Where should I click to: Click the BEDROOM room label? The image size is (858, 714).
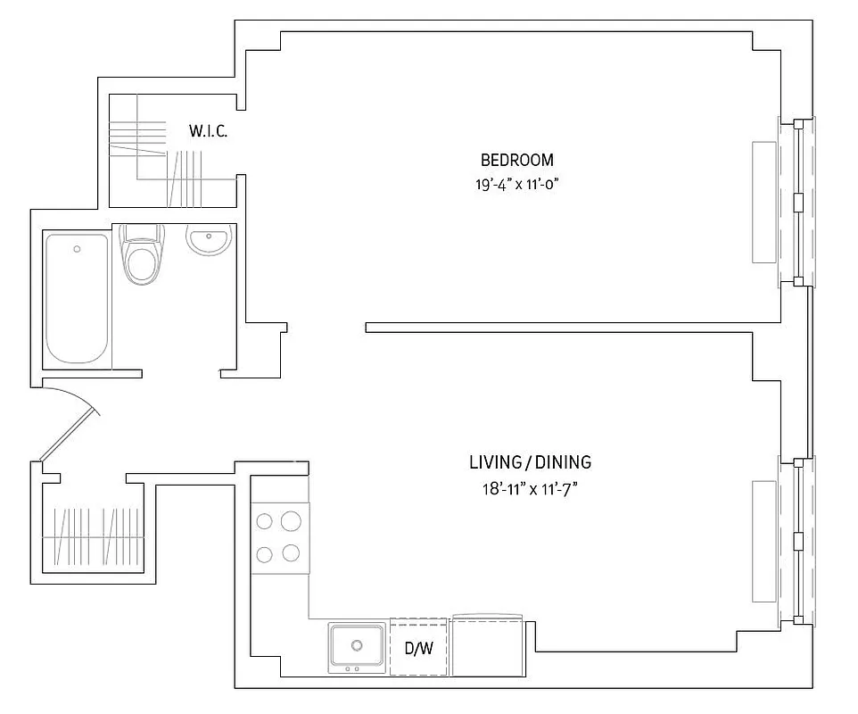pyautogui.click(x=517, y=160)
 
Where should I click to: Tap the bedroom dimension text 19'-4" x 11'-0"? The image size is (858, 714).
pyautogui.click(x=517, y=184)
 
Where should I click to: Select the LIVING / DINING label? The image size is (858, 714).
pyautogui.click(x=531, y=462)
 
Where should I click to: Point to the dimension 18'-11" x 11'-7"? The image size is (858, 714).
pyautogui.click(x=530, y=488)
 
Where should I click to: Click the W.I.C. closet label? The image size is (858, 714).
pyautogui.click(x=208, y=131)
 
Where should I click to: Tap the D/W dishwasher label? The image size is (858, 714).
pyautogui.click(x=418, y=649)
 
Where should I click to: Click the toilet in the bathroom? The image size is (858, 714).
pyautogui.click(x=142, y=254)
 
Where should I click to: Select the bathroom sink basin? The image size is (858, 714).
pyautogui.click(x=209, y=240)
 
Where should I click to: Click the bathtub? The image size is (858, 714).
pyautogui.click(x=77, y=298)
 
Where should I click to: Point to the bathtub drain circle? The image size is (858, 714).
pyautogui.click(x=78, y=249)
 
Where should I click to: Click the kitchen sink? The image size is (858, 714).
pyautogui.click(x=357, y=647)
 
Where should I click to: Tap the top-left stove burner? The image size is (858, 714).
pyautogui.click(x=264, y=521)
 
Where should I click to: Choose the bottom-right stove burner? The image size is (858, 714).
pyautogui.click(x=291, y=553)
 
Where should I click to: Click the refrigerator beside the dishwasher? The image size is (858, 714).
pyautogui.click(x=488, y=645)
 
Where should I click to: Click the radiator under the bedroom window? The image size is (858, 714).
pyautogui.click(x=763, y=202)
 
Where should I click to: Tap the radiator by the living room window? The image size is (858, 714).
pyautogui.click(x=763, y=542)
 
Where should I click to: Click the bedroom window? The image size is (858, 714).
pyautogui.click(x=796, y=202)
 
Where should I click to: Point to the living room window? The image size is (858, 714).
pyautogui.click(x=796, y=541)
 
